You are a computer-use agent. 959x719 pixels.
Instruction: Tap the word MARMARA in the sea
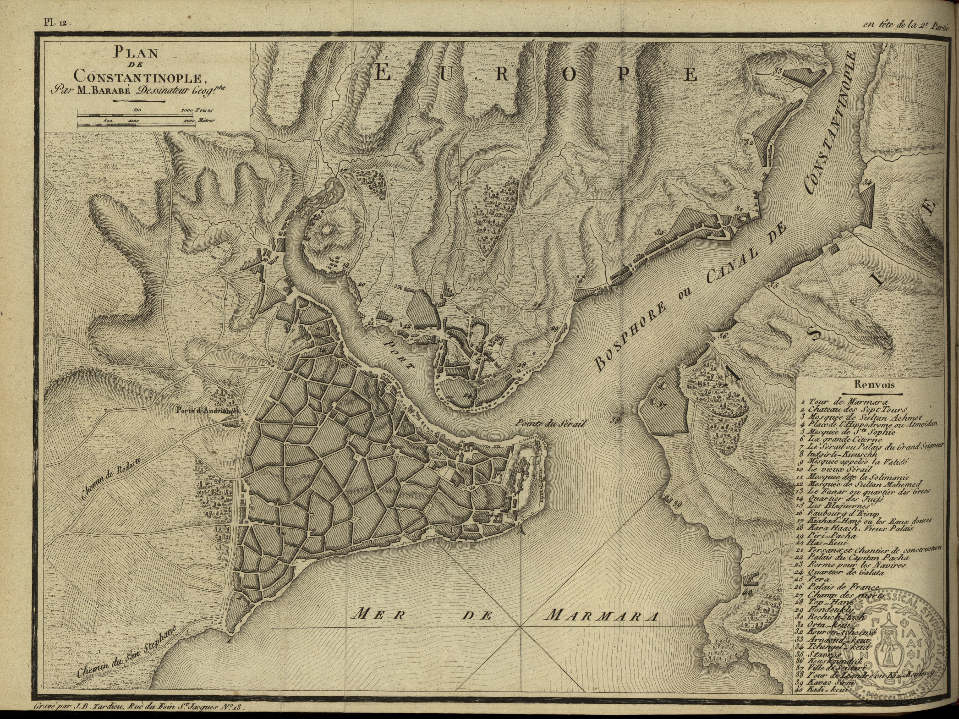pos(603,615)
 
